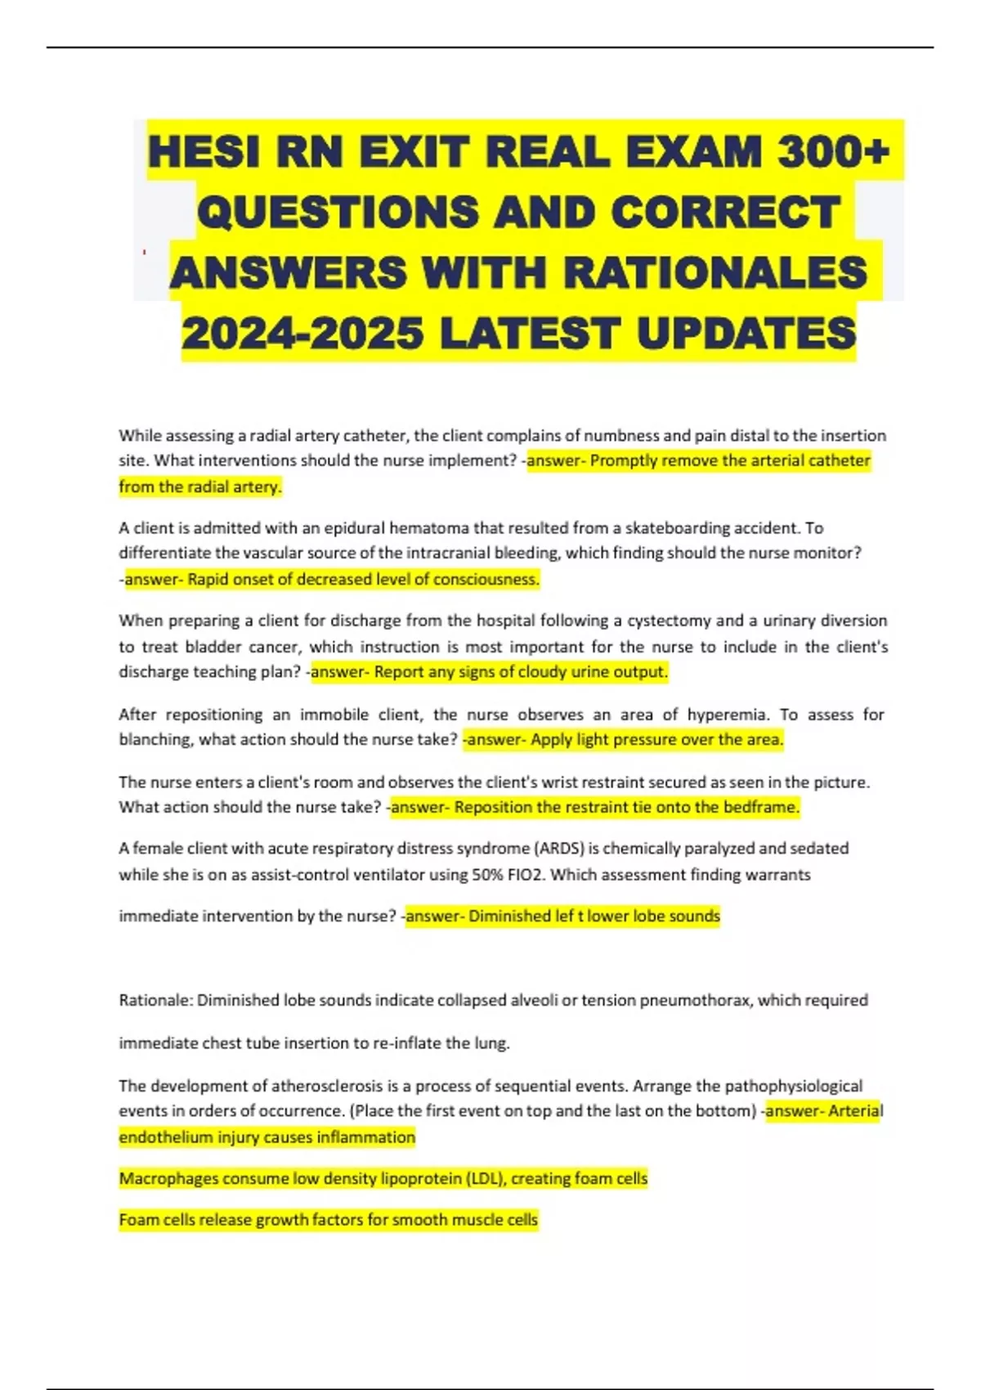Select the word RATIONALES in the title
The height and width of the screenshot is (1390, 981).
(x=715, y=272)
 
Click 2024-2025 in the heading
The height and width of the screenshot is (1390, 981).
(x=302, y=333)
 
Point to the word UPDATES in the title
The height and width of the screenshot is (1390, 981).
(x=746, y=333)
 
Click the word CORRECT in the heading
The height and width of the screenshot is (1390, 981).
(x=726, y=212)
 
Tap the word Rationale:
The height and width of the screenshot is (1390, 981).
(x=155, y=1000)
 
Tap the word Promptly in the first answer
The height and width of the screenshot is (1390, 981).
(x=624, y=460)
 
